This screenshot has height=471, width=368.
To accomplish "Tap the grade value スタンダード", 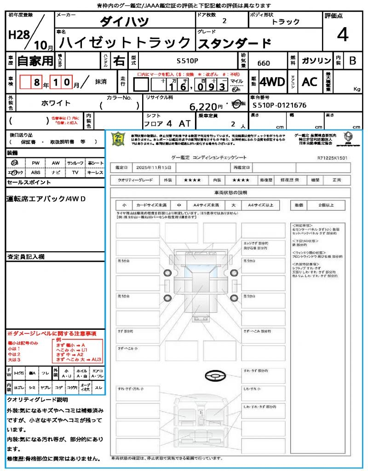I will click(234, 43).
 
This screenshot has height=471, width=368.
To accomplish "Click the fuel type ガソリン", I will click(316, 61).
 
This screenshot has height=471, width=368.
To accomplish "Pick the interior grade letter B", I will click(352, 61).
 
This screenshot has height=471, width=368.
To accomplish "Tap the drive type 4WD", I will click(272, 82).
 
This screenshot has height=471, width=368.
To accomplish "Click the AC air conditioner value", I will click(310, 82).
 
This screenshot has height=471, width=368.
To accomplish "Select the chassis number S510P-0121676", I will click(280, 105).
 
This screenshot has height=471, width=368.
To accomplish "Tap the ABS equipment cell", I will click(36, 172).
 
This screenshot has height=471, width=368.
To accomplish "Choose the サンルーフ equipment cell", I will click(75, 163).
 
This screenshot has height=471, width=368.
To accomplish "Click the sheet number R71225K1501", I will click(332, 157).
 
